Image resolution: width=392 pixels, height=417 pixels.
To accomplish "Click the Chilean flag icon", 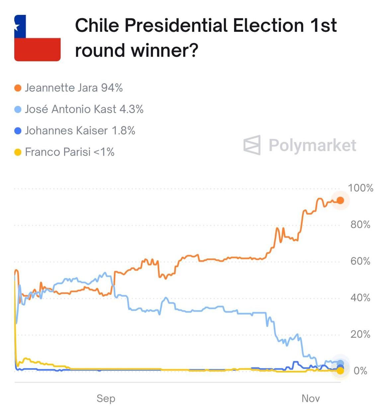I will (x=37, y=38).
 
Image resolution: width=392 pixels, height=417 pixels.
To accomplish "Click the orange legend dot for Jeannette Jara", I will (x=18, y=88).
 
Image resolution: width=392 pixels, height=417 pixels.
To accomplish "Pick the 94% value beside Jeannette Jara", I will (x=112, y=88).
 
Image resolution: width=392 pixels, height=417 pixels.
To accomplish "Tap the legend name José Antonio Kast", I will (x=70, y=109).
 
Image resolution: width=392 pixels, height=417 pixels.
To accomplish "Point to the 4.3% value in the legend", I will (x=131, y=109).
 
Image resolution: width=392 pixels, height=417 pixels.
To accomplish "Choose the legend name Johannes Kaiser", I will (x=66, y=131).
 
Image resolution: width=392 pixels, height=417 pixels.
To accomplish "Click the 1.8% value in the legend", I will (x=123, y=131).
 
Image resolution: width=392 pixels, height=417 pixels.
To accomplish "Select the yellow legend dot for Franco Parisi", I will (x=18, y=152).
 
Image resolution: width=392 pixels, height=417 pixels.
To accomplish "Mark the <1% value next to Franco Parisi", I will (x=104, y=152).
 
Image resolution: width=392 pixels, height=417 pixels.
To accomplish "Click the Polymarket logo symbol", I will (x=252, y=145).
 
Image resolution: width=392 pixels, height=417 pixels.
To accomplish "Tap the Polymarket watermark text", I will (x=312, y=145).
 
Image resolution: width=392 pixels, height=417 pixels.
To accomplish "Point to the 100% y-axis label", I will (x=360, y=188).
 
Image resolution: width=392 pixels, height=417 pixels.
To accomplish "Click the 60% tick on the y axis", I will (x=360, y=261).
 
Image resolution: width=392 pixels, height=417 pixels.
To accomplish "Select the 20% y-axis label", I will (x=360, y=334).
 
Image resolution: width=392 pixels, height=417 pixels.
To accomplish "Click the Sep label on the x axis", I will (x=106, y=398).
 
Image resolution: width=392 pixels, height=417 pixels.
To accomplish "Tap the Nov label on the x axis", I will (x=311, y=398).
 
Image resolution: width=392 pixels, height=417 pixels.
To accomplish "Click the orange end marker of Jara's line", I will (x=340, y=200).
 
